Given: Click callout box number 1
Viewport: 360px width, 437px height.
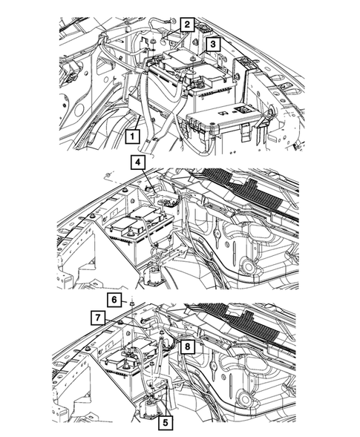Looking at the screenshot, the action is click(132, 137).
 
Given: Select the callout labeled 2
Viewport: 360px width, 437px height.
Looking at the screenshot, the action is click(187, 24).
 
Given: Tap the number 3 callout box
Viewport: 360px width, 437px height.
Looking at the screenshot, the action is click(213, 44).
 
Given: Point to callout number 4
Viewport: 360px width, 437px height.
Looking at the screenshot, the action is click(138, 162).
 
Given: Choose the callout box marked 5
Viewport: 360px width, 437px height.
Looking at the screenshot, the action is click(166, 423).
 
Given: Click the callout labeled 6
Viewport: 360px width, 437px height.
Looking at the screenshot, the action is click(114, 300).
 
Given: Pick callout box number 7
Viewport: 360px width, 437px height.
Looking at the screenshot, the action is click(97, 318).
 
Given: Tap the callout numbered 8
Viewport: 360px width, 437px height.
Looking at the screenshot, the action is click(187, 346).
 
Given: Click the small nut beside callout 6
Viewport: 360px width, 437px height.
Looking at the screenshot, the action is click(132, 303).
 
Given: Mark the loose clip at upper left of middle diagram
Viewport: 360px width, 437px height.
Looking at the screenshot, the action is click(108, 175).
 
